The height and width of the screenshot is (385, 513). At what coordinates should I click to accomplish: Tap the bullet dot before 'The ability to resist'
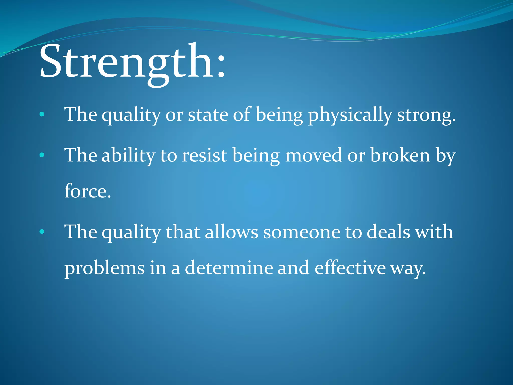(x=42, y=155)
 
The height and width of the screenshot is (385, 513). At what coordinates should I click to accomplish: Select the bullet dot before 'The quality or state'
(x=42, y=115)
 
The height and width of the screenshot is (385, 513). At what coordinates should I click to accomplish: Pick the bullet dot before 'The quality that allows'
(x=42, y=232)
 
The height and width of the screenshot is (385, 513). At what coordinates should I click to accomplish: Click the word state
(x=208, y=115)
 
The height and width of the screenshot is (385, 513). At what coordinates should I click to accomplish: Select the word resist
(x=204, y=155)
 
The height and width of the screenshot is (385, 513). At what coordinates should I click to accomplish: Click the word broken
(x=400, y=155)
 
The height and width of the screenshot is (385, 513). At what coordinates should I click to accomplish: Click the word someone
(x=302, y=232)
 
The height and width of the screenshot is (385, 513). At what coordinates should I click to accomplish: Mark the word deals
(x=388, y=232)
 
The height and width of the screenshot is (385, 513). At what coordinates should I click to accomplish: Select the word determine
(x=229, y=268)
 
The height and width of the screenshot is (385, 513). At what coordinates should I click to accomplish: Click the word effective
(x=350, y=268)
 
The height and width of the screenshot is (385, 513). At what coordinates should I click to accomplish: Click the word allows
(x=231, y=232)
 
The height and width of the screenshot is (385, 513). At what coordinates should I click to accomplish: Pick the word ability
(x=128, y=155)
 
